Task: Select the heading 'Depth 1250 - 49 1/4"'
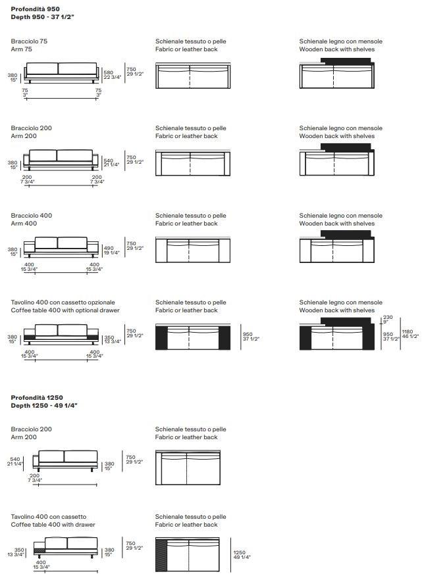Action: click(x=44, y=406)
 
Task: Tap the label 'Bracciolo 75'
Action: click(x=29, y=41)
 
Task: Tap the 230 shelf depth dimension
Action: click(x=388, y=318)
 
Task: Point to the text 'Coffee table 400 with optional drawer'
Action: click(x=65, y=310)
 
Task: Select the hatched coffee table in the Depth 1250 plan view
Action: click(x=163, y=554)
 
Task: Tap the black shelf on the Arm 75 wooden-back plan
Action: click(x=346, y=62)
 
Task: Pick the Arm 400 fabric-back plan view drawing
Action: click(x=193, y=250)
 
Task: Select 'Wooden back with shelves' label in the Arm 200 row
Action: click(x=336, y=136)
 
